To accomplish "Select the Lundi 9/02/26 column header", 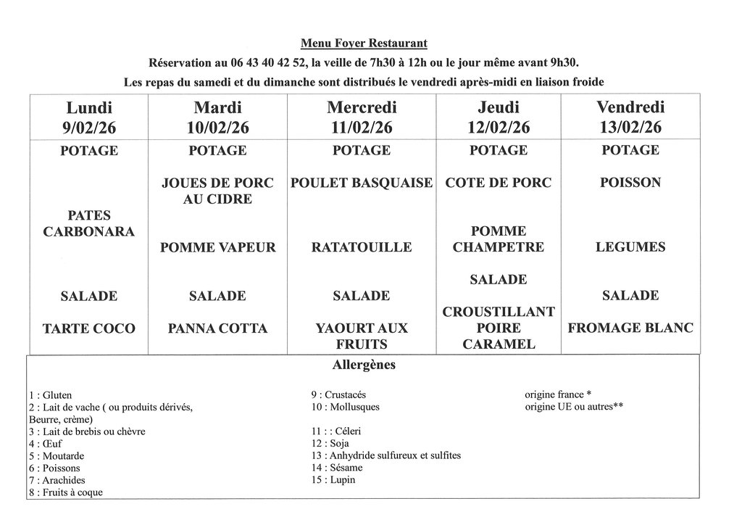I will point(89,117).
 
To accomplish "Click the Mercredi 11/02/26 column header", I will point(361,117).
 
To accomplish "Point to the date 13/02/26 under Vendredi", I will point(630,128).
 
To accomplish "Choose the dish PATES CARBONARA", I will point(89,223).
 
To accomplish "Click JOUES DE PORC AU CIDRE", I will point(217,191).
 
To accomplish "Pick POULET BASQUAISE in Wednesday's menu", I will point(361,183).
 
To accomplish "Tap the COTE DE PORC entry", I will point(499,183).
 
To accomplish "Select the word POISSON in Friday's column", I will point(630,183).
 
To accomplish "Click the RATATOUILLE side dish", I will point(361,247).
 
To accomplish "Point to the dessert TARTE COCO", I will point(89,328).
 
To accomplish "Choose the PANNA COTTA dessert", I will point(217,328).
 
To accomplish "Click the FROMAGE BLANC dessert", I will point(630,328).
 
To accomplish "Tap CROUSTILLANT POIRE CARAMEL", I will point(499,328).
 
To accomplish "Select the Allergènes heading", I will point(364,365).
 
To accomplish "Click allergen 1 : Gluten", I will point(51,395).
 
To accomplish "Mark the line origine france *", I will point(559,395).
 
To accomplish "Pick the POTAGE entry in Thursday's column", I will point(499,151).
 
